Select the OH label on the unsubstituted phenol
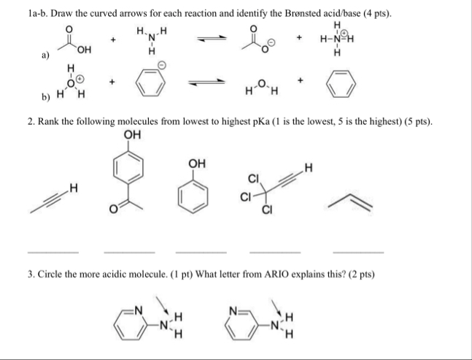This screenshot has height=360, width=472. click(x=196, y=162)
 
